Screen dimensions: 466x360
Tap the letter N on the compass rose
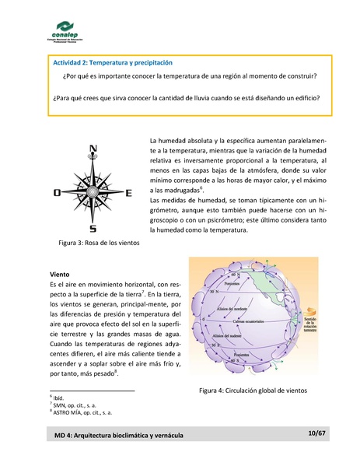coord(93,149)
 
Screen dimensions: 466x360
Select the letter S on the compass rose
coord(93,229)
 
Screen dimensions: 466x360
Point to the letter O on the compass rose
coord(56,192)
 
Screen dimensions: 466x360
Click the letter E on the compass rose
coord(129,192)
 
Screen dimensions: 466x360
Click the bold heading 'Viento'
coord(61,275)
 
